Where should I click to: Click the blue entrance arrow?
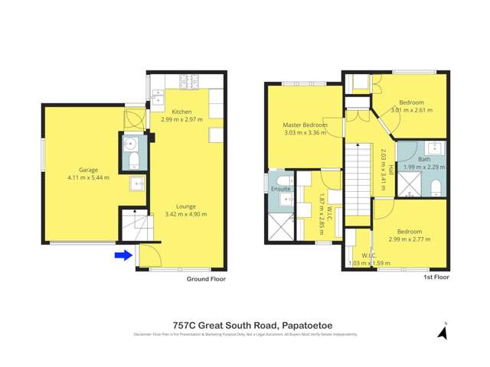122,255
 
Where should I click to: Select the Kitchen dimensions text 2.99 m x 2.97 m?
181,120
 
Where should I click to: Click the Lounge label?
186,206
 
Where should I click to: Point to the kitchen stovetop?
190,80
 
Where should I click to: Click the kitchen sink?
161,97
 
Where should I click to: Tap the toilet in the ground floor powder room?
132,159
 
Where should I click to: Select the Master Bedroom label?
305,125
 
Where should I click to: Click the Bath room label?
424,159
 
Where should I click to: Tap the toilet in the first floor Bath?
434,187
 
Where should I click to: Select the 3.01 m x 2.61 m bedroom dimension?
412,110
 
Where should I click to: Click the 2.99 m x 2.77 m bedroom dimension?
409,239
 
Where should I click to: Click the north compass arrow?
442,332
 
